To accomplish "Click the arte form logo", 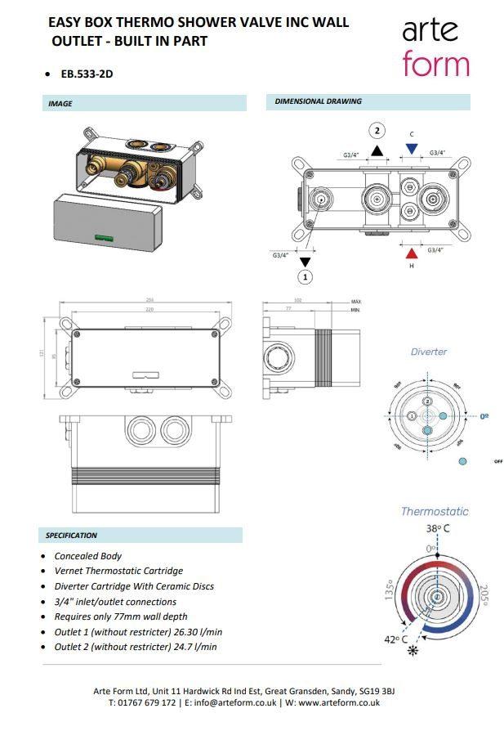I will (x=435, y=47).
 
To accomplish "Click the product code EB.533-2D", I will (x=87, y=74).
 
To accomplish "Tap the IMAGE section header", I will (x=60, y=104).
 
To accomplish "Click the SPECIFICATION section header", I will (x=72, y=535).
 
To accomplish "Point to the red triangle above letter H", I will (x=412, y=253).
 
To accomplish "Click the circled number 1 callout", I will (x=306, y=277).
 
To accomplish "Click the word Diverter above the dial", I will (x=429, y=352).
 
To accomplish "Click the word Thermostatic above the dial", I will (x=435, y=512).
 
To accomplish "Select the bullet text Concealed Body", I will (x=88, y=556).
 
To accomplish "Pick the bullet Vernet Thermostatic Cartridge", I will (x=118, y=571).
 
